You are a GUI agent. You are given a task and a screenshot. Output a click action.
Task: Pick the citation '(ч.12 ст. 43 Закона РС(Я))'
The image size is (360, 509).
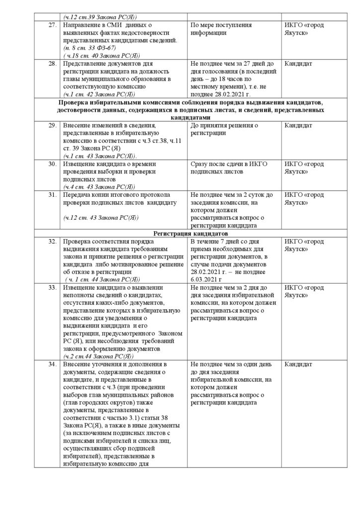click(x=101, y=218)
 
